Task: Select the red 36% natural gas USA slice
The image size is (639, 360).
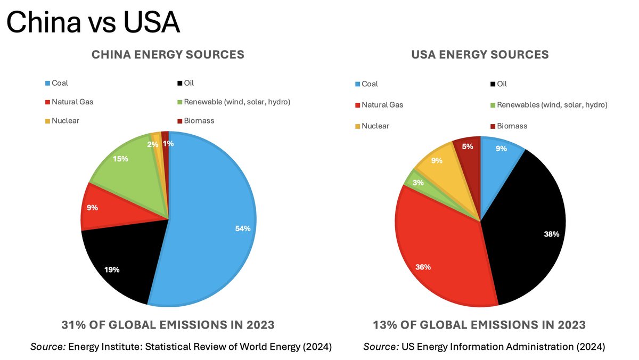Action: pyautogui.click(x=437, y=250)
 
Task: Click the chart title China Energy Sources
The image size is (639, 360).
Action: pyautogui.click(x=168, y=54)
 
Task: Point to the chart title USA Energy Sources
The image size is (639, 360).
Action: pyautogui.click(x=480, y=54)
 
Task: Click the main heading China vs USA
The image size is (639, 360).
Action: pyautogui.click(x=93, y=22)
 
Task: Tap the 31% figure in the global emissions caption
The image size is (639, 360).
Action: pyautogui.click(x=74, y=324)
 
